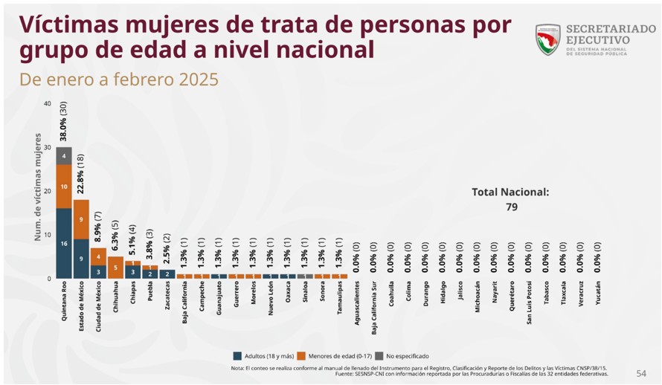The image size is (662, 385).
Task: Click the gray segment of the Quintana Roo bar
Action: [x=63, y=155]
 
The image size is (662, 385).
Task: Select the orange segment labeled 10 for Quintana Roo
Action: [x=63, y=186]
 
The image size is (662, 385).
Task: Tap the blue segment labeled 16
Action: [x=63, y=243]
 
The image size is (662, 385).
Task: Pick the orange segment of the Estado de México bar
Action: [x=81, y=219]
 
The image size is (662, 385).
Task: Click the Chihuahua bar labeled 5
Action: [x=115, y=267]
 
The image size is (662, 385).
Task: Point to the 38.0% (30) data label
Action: [x=64, y=129]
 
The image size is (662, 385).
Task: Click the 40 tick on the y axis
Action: [x=48, y=103]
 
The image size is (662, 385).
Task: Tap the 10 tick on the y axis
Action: [x=48, y=235]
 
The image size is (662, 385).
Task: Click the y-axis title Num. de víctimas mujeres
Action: [x=36, y=192]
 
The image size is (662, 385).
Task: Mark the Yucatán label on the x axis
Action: [x=598, y=297]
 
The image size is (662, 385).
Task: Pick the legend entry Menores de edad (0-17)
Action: [x=333, y=356]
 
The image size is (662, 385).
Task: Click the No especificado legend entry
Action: [x=402, y=356]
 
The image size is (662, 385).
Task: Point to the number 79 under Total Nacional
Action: [x=511, y=207]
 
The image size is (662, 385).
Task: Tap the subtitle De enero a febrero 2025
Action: [x=120, y=80]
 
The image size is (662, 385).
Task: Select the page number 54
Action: [x=641, y=372]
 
